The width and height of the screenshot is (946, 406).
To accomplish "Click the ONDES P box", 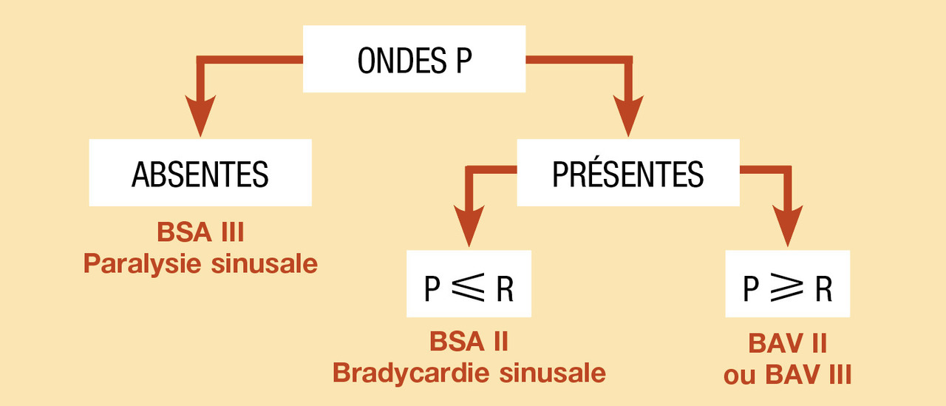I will point(414,59).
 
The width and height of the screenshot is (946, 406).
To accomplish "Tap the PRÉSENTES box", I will point(627,174).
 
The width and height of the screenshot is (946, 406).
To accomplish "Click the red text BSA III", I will point(200,233).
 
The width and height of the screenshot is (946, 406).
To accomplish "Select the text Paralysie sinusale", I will point(200,264).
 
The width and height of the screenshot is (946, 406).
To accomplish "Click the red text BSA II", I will point(469,342).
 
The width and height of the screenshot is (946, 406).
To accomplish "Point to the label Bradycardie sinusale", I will point(469,373).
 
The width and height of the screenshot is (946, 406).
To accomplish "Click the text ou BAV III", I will point(787,374).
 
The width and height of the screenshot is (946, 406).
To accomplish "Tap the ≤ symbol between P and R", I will point(469,289).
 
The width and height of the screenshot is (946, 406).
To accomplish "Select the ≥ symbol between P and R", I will point(787,289).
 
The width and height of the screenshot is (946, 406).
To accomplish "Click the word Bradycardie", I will point(412,373).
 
